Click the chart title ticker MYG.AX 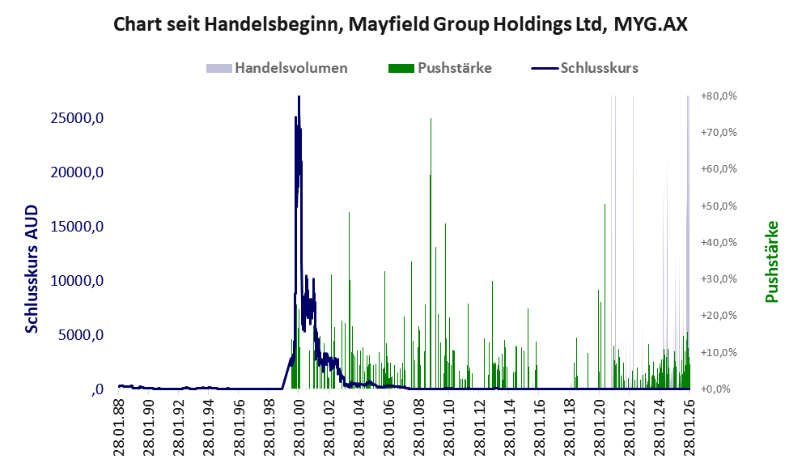[651, 24]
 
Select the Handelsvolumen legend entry [291, 68]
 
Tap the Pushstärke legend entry [454, 68]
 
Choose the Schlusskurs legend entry [599, 68]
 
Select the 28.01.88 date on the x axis [119, 422]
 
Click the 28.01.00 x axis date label [299, 422]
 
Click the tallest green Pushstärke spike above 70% [431, 119]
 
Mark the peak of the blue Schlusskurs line [299, 97]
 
